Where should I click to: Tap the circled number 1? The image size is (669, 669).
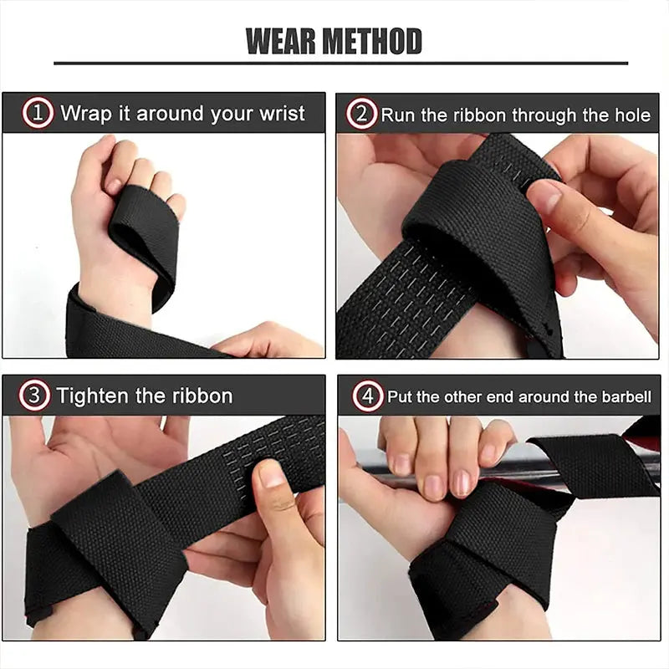[x=38, y=114]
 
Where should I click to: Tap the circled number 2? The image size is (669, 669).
[x=361, y=114]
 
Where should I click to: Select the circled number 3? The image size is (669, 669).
[x=35, y=396]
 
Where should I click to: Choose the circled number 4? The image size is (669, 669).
[x=367, y=396]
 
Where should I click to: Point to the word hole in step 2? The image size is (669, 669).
[x=632, y=115]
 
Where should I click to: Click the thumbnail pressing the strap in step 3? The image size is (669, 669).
[x=272, y=474]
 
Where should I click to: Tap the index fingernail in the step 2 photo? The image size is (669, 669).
[x=544, y=197]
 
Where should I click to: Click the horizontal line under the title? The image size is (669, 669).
[x=340, y=63]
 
